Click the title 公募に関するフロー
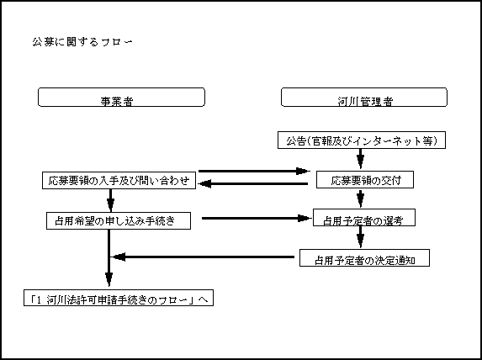click(82, 41)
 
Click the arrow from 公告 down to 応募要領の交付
click(361, 159)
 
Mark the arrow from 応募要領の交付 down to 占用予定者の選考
click(361, 199)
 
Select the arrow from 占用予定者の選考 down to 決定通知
click(361, 237)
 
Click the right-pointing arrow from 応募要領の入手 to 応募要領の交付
click(254, 172)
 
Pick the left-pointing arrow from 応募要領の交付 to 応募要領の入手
click(253, 184)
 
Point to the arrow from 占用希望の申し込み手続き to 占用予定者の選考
click(257, 219)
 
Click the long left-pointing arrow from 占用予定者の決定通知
click(204, 257)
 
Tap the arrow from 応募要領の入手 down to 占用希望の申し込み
click(111, 200)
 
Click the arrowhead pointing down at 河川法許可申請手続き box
click(109, 279)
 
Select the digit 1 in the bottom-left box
click(39, 299)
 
